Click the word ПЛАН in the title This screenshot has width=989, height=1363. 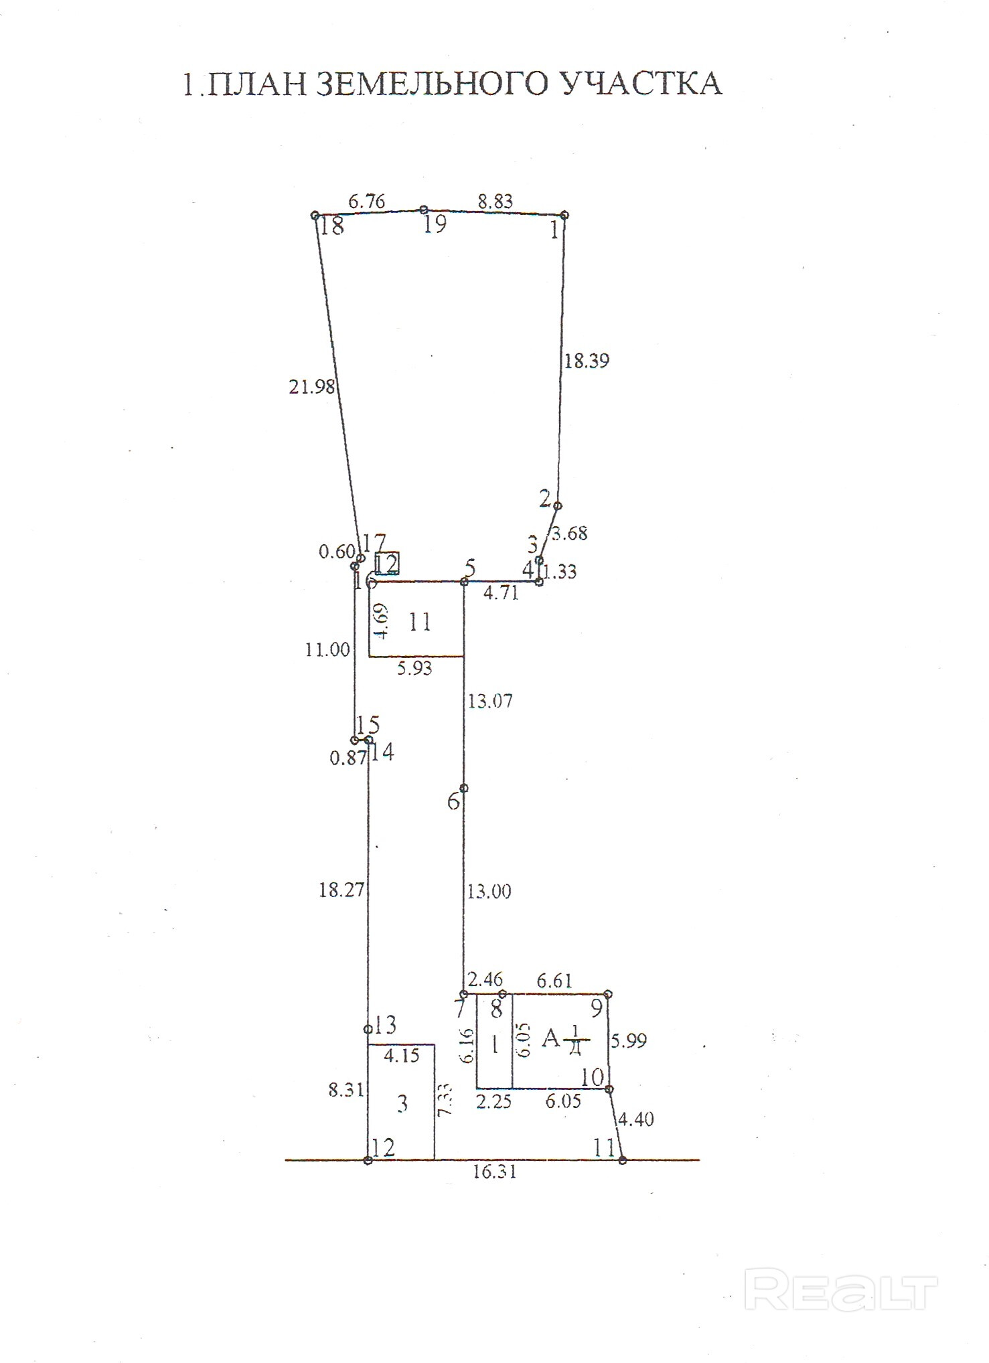[x=254, y=84]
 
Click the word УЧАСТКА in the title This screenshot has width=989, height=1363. [x=640, y=84]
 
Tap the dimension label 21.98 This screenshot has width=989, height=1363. [x=311, y=387]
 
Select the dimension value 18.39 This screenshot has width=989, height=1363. [x=587, y=361]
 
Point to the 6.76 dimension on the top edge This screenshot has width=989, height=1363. [x=367, y=202]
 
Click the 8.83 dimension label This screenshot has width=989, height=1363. [x=495, y=202]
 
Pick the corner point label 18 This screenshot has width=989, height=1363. [x=331, y=226]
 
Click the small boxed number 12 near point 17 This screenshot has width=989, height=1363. [x=386, y=564]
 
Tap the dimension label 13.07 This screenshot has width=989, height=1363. [x=490, y=701]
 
